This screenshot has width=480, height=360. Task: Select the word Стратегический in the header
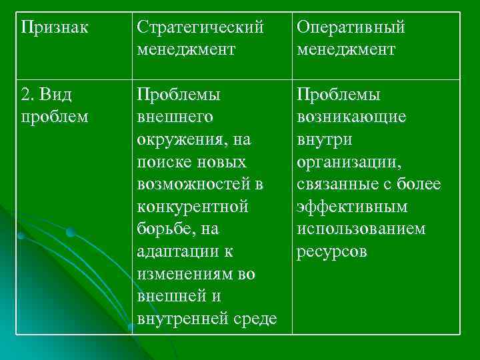point(200,27)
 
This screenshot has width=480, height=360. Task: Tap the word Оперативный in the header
point(351,27)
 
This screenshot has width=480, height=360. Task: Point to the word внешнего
point(175,117)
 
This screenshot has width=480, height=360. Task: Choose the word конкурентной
point(193,207)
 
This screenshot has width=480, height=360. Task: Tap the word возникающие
point(351,117)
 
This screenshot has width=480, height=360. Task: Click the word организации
point(349,162)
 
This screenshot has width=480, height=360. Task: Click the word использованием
point(361,230)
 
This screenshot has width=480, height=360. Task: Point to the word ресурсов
point(331,253)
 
